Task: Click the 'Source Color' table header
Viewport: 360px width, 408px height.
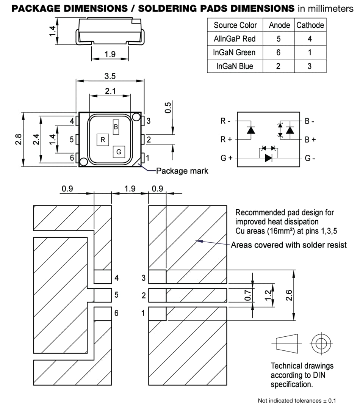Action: click(x=235, y=25)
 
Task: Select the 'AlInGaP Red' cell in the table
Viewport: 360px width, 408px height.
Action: click(x=235, y=39)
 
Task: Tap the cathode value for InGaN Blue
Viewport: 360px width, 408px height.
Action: click(x=310, y=66)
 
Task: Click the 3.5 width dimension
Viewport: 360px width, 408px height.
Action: click(x=110, y=76)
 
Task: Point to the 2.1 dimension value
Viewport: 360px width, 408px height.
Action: click(x=110, y=91)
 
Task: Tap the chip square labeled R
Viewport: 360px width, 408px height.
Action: click(x=103, y=140)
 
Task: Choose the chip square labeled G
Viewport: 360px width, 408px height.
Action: click(x=119, y=152)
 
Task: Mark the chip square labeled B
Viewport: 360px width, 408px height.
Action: click(x=116, y=127)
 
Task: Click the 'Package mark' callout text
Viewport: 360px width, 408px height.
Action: click(x=182, y=171)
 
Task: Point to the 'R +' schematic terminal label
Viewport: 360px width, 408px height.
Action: click(x=226, y=140)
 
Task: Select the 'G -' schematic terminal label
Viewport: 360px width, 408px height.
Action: click(x=310, y=158)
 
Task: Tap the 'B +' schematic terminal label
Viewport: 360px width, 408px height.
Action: click(x=310, y=140)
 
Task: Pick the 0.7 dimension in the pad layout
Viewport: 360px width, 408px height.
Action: click(x=248, y=295)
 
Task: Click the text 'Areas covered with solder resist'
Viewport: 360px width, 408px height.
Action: click(x=289, y=245)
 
